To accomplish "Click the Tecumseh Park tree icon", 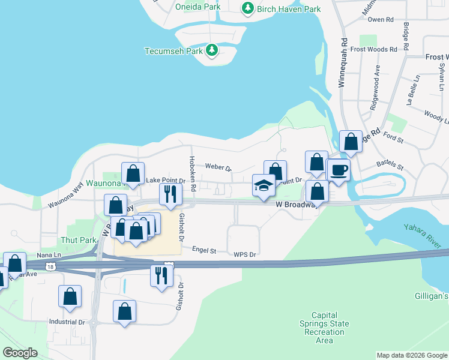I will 211,50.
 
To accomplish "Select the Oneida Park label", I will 198,7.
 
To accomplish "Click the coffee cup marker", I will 339,170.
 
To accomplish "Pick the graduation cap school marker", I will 263,186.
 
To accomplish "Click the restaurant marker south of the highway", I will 161,277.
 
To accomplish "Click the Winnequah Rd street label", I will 343,64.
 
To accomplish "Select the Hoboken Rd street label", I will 193,173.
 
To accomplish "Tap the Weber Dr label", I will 218,166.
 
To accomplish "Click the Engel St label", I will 203,249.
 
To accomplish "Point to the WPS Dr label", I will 245,254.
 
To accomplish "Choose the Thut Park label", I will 79,240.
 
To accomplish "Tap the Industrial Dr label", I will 67,322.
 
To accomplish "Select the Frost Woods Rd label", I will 374,49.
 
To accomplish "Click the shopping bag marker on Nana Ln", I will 14,264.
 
